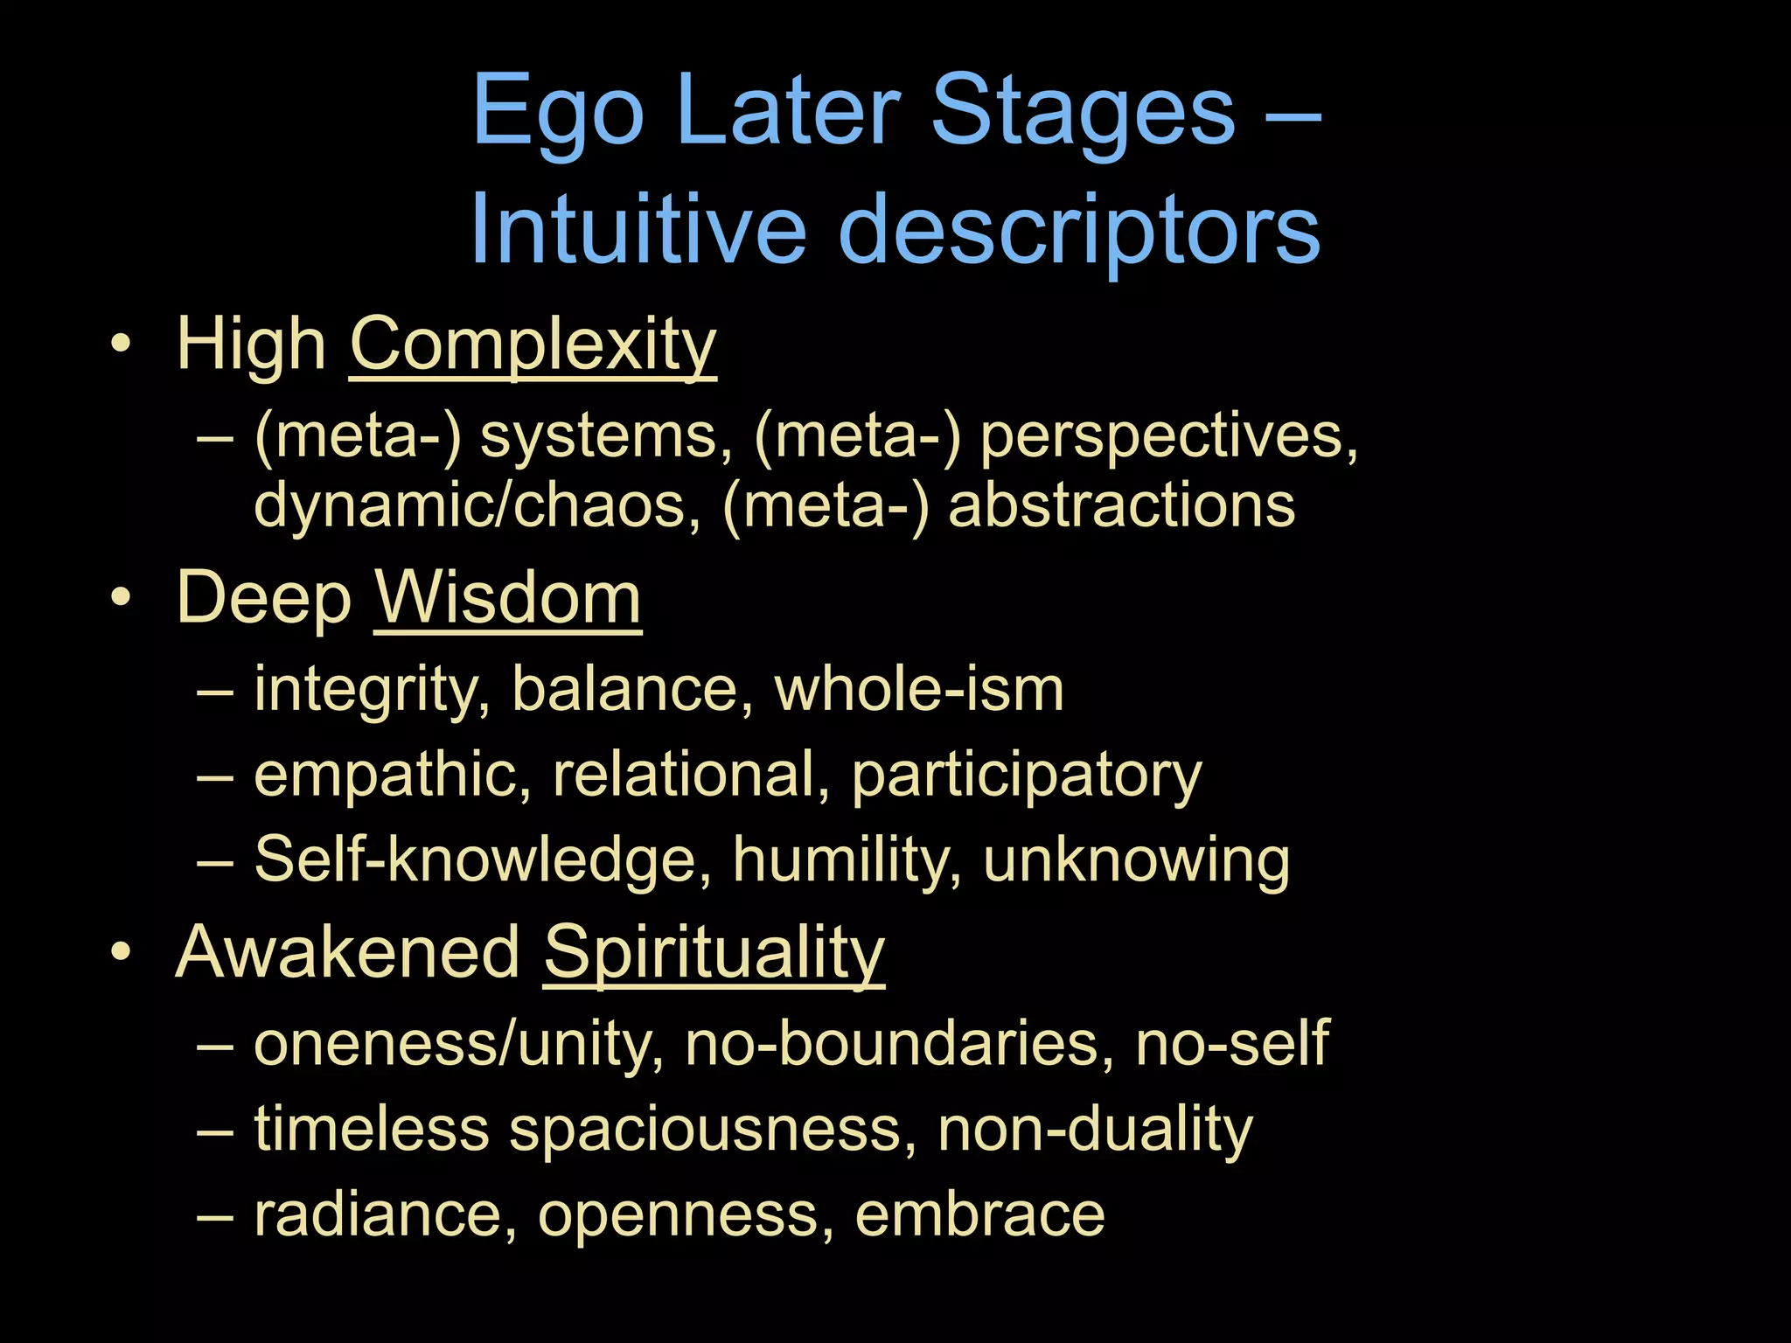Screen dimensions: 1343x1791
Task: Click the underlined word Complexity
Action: tap(533, 345)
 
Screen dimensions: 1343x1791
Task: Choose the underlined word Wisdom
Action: tap(508, 599)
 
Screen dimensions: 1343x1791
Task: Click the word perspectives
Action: tap(1168, 435)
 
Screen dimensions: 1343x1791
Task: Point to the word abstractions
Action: tap(1121, 505)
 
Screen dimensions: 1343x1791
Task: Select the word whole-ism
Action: tap(919, 689)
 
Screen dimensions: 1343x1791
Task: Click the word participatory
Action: tap(1027, 775)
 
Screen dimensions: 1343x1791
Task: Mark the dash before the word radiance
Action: tap(215, 1215)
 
